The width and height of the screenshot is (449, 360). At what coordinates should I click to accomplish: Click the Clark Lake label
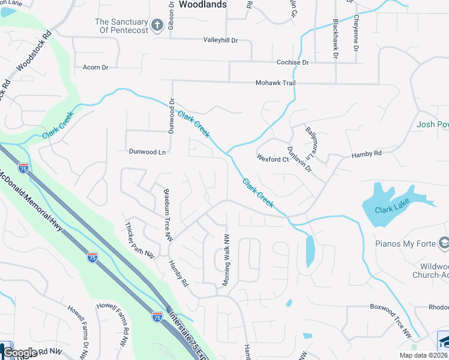point(391,210)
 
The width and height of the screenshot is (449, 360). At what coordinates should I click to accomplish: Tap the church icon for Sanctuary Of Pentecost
point(157,25)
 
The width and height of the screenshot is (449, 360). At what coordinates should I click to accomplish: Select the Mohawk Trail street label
point(276,83)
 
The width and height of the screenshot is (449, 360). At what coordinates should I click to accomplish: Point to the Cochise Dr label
point(292,62)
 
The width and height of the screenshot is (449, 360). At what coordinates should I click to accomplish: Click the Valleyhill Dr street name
point(221,40)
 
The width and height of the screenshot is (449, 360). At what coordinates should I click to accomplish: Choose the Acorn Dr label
point(95,67)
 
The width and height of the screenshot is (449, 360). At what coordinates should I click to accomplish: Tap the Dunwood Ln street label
point(146,152)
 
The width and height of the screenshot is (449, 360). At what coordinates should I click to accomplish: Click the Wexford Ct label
point(273,160)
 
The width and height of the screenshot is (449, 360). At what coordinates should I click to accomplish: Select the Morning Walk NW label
point(227,260)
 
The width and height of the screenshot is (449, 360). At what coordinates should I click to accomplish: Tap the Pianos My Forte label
point(405,244)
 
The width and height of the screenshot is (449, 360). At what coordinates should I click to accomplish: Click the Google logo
point(20,353)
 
